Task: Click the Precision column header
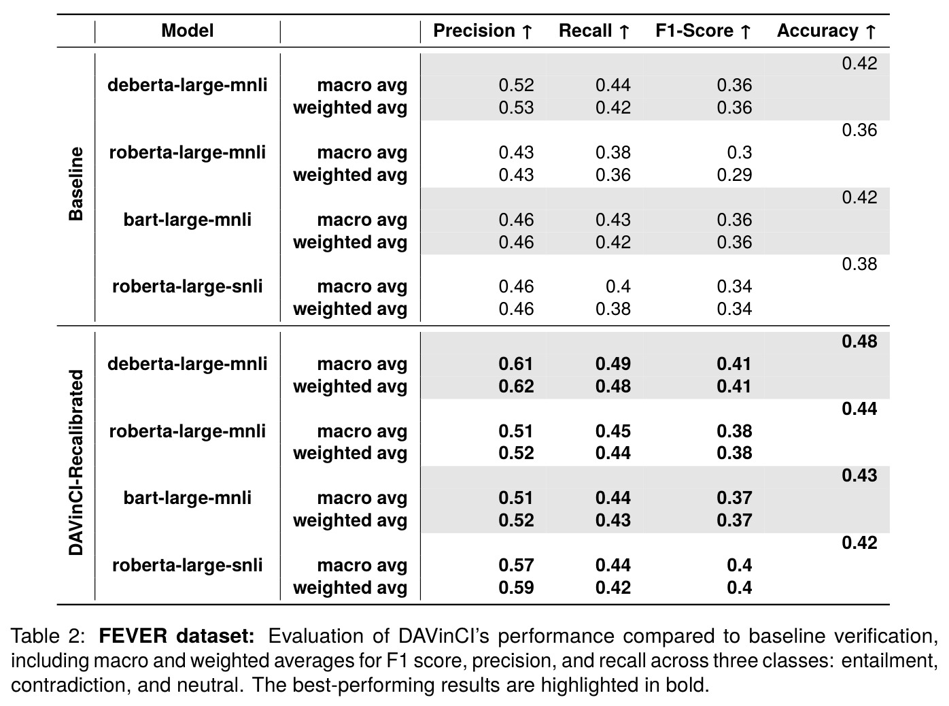pos(482,31)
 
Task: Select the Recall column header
pos(594,31)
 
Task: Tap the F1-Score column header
pos(703,31)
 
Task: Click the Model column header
pos(188,31)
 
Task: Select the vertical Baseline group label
pos(75,184)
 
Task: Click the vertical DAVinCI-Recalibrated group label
pos(75,463)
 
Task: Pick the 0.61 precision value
pos(515,364)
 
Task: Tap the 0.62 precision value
pos(516,386)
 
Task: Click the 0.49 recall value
pos(612,364)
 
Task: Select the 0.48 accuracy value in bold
pos(859,341)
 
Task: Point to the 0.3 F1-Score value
pos(740,152)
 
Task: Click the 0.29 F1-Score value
pos(734,175)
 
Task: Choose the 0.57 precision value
pos(516,565)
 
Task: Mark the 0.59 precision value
pos(516,588)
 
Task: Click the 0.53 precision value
pos(516,107)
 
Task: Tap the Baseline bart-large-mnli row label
pos(188,220)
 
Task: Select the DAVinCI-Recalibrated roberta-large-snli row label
pos(188,565)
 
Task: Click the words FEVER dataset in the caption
pos(177,636)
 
